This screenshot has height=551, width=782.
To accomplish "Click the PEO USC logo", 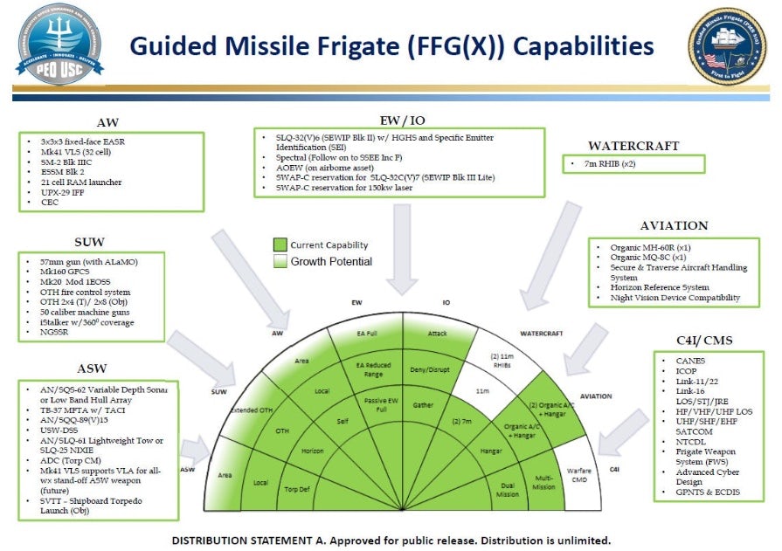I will [59, 44].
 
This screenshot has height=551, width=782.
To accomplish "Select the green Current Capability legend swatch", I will [280, 245].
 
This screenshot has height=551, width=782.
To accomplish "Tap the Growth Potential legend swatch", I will [280, 261].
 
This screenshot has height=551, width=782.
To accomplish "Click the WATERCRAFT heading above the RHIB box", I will [633, 146].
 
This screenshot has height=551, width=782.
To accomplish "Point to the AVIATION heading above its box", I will [674, 225].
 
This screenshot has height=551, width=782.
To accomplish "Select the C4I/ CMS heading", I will [709, 341].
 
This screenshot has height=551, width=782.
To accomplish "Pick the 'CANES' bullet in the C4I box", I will [690, 360].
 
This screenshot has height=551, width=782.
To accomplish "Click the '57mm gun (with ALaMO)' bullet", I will [93, 262].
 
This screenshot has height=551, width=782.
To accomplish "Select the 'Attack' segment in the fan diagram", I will [437, 334].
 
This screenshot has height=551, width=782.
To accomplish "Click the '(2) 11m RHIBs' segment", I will [502, 360].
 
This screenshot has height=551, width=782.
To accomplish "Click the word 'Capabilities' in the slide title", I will [584, 46].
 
